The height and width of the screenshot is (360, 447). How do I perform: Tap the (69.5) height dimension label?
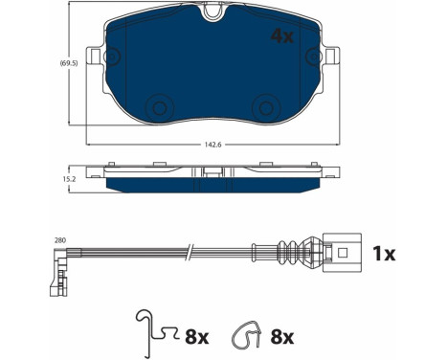(x=69, y=63)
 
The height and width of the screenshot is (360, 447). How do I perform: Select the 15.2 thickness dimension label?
(x=69, y=179)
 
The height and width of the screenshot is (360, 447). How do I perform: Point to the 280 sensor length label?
(x=60, y=240)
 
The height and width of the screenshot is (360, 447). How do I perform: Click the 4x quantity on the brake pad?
(x=281, y=36)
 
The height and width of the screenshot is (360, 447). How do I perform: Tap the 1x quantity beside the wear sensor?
(x=384, y=254)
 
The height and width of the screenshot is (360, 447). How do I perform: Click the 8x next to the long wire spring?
(x=197, y=337)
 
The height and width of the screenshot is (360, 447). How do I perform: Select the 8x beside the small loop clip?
(x=282, y=337)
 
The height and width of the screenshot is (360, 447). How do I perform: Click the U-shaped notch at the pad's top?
(x=213, y=12)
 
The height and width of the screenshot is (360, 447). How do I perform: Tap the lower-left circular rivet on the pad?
(x=160, y=108)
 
